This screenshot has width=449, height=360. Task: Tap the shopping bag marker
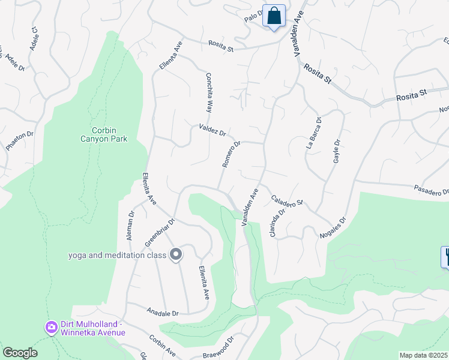tap(274, 16)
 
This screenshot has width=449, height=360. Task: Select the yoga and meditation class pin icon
tap(175, 256)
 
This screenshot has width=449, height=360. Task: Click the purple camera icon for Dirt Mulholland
tap(51, 328)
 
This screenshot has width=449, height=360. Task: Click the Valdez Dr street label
tap(212, 130)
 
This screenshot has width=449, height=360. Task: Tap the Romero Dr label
tap(231, 154)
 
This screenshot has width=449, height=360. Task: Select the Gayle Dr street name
tap(337, 151)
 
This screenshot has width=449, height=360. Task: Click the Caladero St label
tap(287, 200)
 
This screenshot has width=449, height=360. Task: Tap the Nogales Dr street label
tap(334, 229)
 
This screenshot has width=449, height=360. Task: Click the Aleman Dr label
tap(130, 225)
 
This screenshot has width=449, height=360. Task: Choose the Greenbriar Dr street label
tap(160, 232)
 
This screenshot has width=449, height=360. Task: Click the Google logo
tap(20, 353)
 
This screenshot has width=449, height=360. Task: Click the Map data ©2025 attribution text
tap(423, 355)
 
